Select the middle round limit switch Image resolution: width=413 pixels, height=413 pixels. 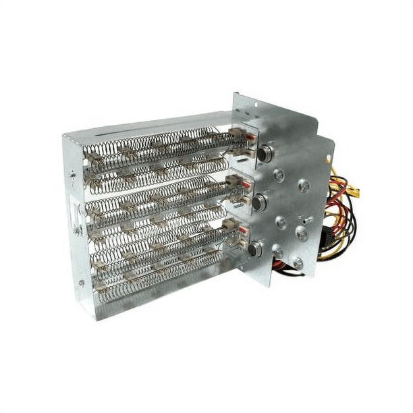click(258, 201)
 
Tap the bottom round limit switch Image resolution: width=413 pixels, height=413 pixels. click(254, 250)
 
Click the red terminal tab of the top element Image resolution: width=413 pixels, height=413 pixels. click(247, 136)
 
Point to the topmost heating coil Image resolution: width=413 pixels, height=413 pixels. click(155, 143)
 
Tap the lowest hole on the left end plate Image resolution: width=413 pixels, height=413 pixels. click(81, 283)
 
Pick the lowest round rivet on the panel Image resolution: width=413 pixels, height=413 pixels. click(298, 263)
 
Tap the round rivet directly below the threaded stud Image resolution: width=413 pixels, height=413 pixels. click(301, 233)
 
